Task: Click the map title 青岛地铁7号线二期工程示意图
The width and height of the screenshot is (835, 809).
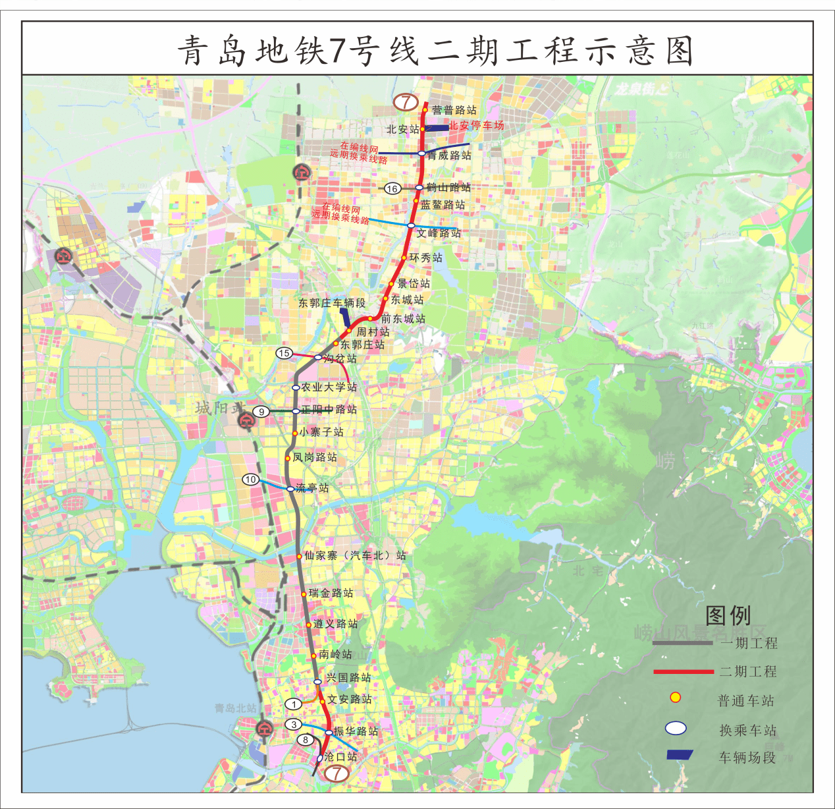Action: click(435, 51)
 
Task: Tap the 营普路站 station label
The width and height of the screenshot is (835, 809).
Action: click(454, 110)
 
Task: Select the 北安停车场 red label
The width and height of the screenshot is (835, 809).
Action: click(476, 125)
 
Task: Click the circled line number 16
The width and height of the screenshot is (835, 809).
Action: click(392, 189)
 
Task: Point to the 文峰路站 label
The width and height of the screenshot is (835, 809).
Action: click(439, 233)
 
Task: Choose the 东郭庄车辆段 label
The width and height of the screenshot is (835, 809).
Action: click(331, 303)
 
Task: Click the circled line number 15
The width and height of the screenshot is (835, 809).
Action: click(284, 353)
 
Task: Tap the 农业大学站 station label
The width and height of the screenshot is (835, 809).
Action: click(329, 387)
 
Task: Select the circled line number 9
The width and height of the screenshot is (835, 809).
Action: click(261, 412)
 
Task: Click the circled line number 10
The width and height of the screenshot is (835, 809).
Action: click(251, 480)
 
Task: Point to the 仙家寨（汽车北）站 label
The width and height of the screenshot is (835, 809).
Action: click(355, 555)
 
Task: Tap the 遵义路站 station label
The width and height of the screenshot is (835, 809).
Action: click(336, 623)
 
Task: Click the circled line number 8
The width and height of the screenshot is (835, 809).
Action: click(306, 740)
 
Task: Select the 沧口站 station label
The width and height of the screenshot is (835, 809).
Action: click(341, 757)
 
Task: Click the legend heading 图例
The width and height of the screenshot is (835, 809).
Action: click(728, 615)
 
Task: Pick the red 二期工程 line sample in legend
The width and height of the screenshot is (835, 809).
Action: click(684, 672)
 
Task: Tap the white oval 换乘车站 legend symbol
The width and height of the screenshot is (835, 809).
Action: click(676, 728)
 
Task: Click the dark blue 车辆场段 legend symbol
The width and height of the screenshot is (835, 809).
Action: click(680, 755)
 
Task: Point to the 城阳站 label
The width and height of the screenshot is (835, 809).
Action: click(219, 408)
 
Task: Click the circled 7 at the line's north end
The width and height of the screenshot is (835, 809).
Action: click(406, 102)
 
